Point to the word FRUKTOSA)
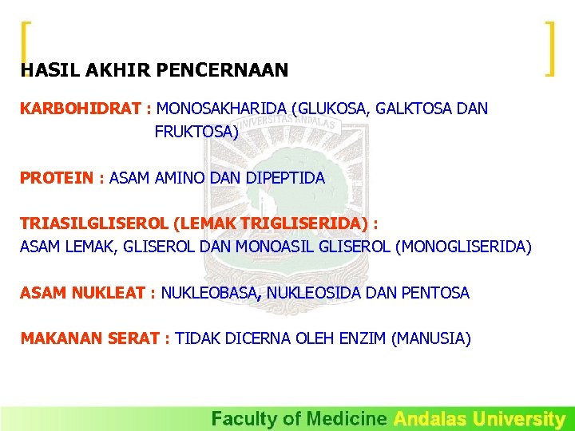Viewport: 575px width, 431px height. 196,132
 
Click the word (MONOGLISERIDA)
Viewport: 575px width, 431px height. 463,247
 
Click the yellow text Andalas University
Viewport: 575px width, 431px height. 479,419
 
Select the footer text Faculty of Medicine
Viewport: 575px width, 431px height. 299,419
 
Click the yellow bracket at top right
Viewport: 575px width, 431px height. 549,48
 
